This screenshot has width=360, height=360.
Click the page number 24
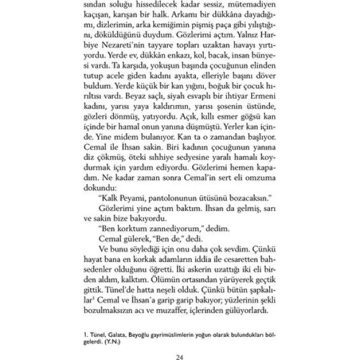click(x=179, y=356)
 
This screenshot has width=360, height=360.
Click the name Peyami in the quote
click(x=132, y=196)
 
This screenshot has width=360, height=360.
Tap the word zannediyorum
click(x=164, y=227)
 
